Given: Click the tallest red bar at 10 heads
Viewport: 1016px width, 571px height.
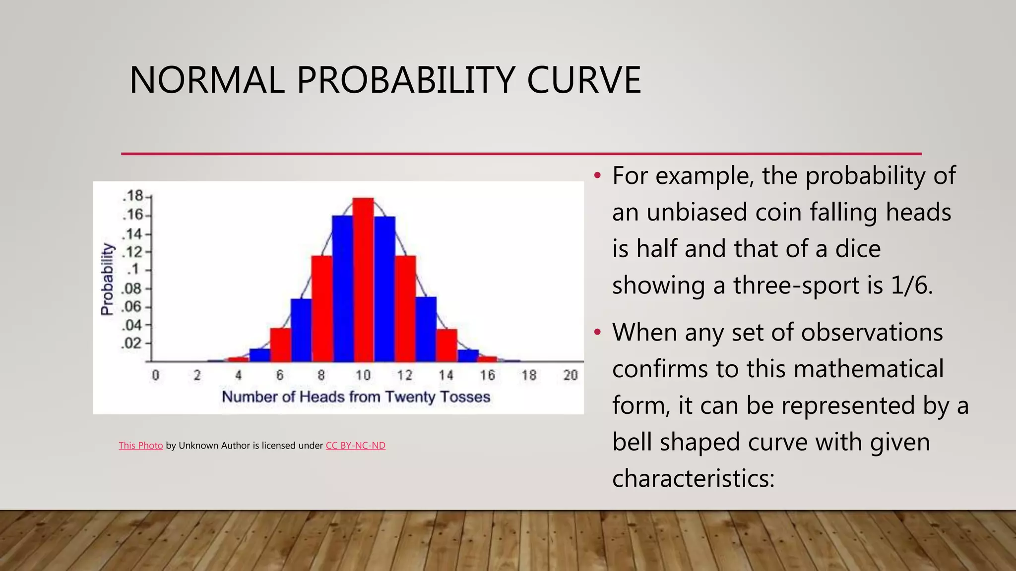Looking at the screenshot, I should tap(363, 280).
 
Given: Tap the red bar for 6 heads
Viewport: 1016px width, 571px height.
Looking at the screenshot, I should tap(280, 344).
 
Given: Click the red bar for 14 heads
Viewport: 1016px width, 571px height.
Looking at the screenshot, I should tap(446, 345).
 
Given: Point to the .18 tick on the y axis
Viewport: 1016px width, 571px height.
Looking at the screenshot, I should tap(133, 196).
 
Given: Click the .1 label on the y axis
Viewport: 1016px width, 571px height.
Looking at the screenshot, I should tap(134, 270).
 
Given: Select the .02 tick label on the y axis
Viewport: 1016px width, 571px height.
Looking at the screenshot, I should tap(132, 343).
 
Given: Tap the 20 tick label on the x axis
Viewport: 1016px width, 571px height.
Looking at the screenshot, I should tap(571, 375).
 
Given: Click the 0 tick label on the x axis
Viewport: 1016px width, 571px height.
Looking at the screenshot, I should tap(156, 375).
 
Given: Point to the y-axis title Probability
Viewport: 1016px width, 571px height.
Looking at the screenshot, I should tap(107, 279).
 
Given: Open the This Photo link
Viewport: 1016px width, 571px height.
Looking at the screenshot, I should tap(141, 445).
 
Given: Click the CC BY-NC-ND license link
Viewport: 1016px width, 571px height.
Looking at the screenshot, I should tap(355, 445).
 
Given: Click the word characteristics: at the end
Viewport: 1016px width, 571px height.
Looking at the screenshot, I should tap(693, 479).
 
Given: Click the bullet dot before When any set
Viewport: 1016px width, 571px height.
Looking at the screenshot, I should tap(598, 332).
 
